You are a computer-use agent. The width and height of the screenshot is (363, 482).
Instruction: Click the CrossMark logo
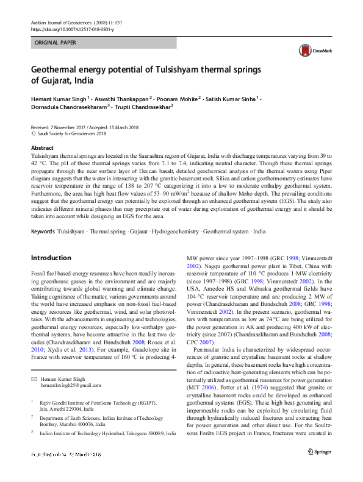coord(308,51)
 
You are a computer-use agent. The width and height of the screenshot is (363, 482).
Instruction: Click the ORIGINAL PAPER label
coord(56,43)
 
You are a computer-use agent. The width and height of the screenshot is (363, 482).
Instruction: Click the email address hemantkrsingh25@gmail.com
coord(67,386)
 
